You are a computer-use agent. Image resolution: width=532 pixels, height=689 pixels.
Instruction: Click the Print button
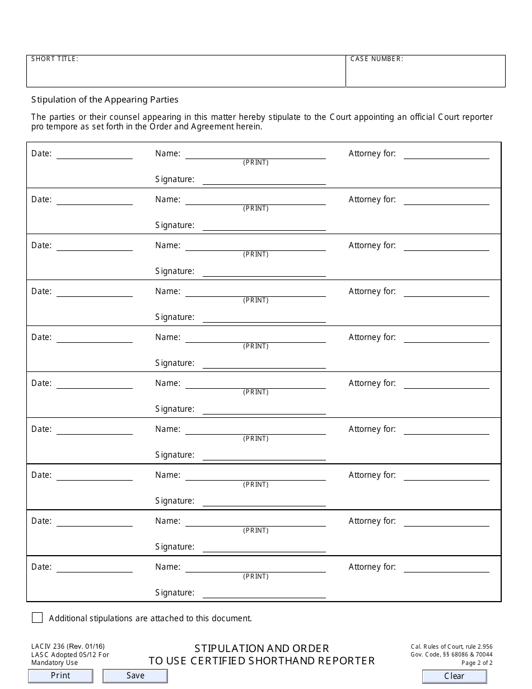[x=60, y=676]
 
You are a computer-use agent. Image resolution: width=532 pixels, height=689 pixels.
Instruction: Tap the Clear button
[x=454, y=676]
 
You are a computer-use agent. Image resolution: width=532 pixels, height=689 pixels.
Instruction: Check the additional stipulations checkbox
[x=38, y=618]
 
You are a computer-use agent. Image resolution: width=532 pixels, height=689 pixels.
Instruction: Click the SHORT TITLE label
[x=55, y=59]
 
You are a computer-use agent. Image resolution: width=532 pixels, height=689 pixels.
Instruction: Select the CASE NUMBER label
[x=376, y=59]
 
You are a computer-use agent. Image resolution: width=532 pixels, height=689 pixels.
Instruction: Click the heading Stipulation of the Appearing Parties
[x=105, y=100]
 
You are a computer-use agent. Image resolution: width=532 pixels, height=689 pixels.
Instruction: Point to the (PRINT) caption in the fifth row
[x=255, y=346]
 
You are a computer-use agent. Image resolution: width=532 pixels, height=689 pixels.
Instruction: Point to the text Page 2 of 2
[x=477, y=663]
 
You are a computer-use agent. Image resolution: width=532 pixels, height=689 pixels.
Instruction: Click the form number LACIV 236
[x=49, y=646]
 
